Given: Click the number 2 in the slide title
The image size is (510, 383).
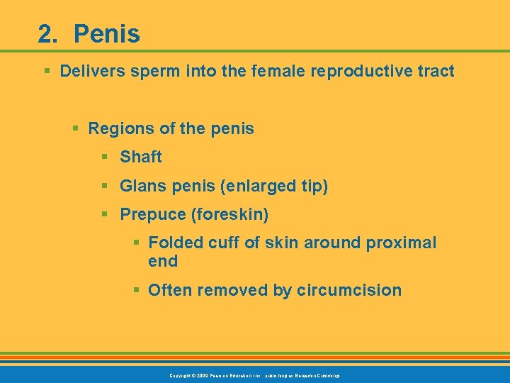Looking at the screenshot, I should coord(47,34).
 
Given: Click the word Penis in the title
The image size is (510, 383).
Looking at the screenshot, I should coord(106,34).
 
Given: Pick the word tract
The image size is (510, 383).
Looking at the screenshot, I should coord(433,71).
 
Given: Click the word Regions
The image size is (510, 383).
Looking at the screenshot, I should coord(118,129).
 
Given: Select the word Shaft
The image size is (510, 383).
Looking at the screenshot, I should coord(141,157).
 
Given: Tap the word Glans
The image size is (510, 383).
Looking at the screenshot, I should coord(144,186).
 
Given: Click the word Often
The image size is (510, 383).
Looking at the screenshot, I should coord(170,290).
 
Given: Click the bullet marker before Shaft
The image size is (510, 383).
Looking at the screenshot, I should coord(105,157).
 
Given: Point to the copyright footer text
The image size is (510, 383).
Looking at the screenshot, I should coord(254,374).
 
